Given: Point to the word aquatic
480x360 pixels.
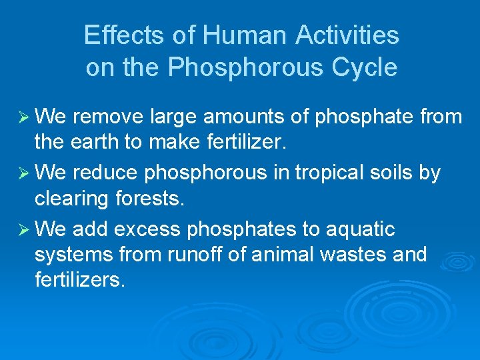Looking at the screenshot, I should pos(359,229).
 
